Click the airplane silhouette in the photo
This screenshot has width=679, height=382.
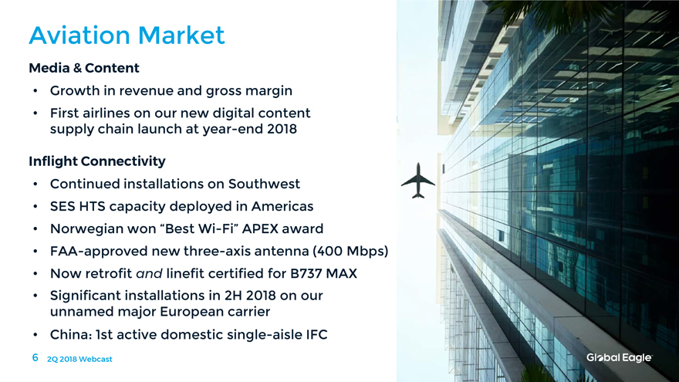coord(418,181)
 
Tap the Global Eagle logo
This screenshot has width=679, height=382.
coord(619,358)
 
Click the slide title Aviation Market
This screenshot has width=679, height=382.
coord(127,35)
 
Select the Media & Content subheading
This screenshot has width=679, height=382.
coord(84,68)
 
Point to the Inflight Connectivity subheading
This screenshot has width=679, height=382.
coord(97,161)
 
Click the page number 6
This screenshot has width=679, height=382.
coord(35,357)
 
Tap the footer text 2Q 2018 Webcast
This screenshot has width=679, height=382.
coord(79,359)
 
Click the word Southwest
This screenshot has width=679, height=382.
coord(264,184)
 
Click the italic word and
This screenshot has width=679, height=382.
coord(149,274)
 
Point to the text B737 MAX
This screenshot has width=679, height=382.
coord(323,274)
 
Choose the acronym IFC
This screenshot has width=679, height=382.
coord(316,335)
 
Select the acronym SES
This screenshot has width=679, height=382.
coord(62,206)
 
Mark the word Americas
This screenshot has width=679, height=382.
coord(282,206)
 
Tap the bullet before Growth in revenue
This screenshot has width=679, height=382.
coord(35,91)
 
